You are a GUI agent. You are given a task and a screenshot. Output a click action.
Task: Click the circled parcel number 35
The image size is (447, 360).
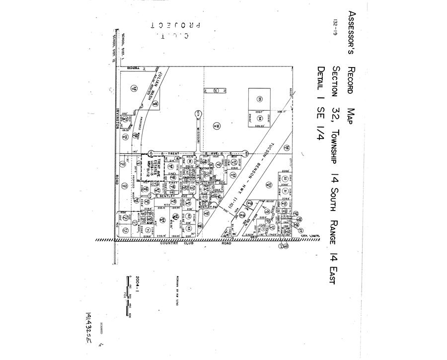pyautogui.click(x=259, y=99)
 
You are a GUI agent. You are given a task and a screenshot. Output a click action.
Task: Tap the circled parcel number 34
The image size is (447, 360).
pyautogui.click(x=259, y=117)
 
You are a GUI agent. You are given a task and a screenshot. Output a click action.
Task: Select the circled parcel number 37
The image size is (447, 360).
pyautogui.click(x=216, y=91)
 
